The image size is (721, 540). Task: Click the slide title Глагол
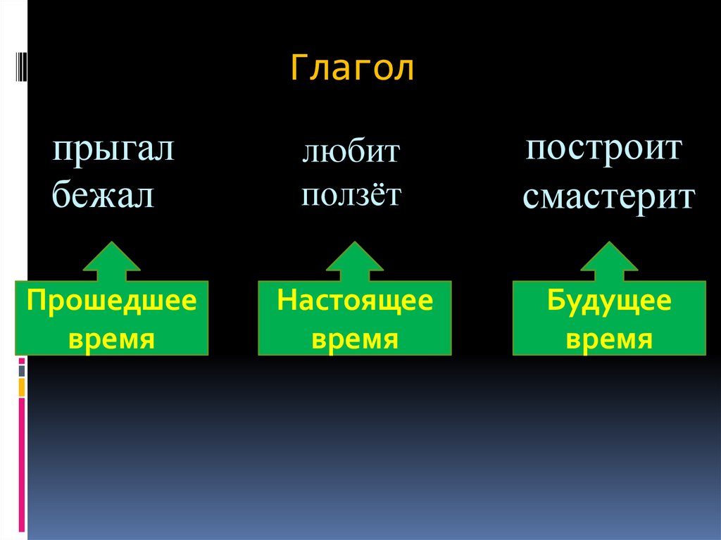point(352,70)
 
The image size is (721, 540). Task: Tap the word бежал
point(103,195)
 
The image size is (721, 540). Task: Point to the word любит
point(351,152)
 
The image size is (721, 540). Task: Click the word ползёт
point(351,194)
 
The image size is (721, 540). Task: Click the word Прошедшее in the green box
point(111,301)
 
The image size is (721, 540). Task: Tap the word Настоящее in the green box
point(355,301)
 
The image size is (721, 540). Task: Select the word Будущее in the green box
point(609,302)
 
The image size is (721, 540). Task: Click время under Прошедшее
point(111,339)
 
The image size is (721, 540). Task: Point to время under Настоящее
point(355,339)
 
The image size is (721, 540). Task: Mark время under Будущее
point(609,339)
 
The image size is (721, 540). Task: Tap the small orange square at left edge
point(22,387)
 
